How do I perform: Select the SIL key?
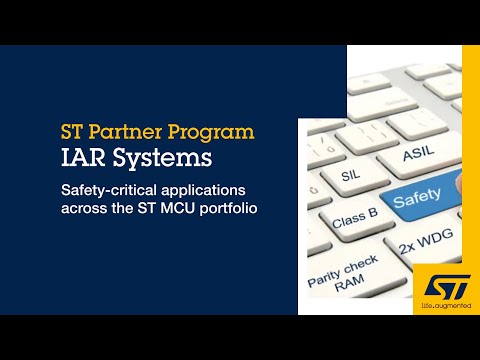click(x=350, y=175)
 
